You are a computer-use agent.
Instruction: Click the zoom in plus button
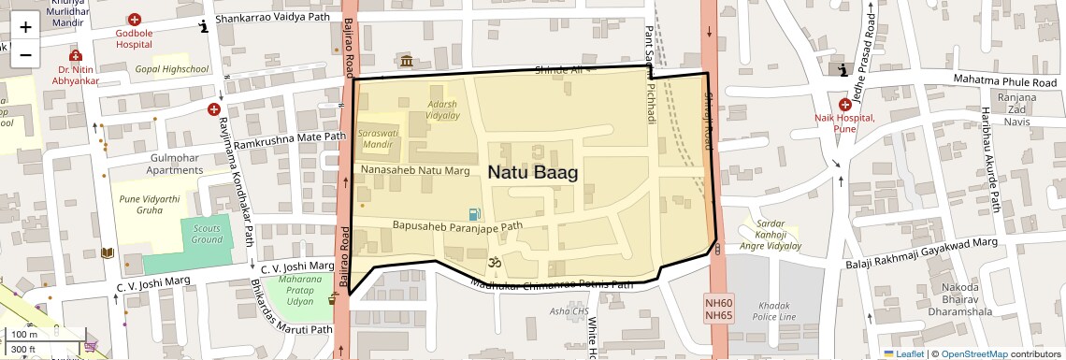pos(25,27)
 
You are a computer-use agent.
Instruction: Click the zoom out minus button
pos(25,54)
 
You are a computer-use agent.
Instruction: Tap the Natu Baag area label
pos(532,173)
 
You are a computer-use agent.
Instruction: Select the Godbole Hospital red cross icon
pos(135,20)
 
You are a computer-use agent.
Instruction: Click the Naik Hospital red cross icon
pos(845,104)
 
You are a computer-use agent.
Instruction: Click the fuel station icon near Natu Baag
pos(475,214)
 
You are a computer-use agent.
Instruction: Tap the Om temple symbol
pos(497,263)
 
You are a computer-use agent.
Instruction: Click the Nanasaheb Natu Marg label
pos(414,170)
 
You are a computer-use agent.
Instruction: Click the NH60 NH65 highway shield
pos(718,310)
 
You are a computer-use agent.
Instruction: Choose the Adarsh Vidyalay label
pos(442,109)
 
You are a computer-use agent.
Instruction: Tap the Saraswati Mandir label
pos(375,139)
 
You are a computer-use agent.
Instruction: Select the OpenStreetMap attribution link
pos(973,353)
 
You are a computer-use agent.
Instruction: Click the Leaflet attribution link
pos(904,353)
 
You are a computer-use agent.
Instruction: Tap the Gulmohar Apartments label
pos(163,164)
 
